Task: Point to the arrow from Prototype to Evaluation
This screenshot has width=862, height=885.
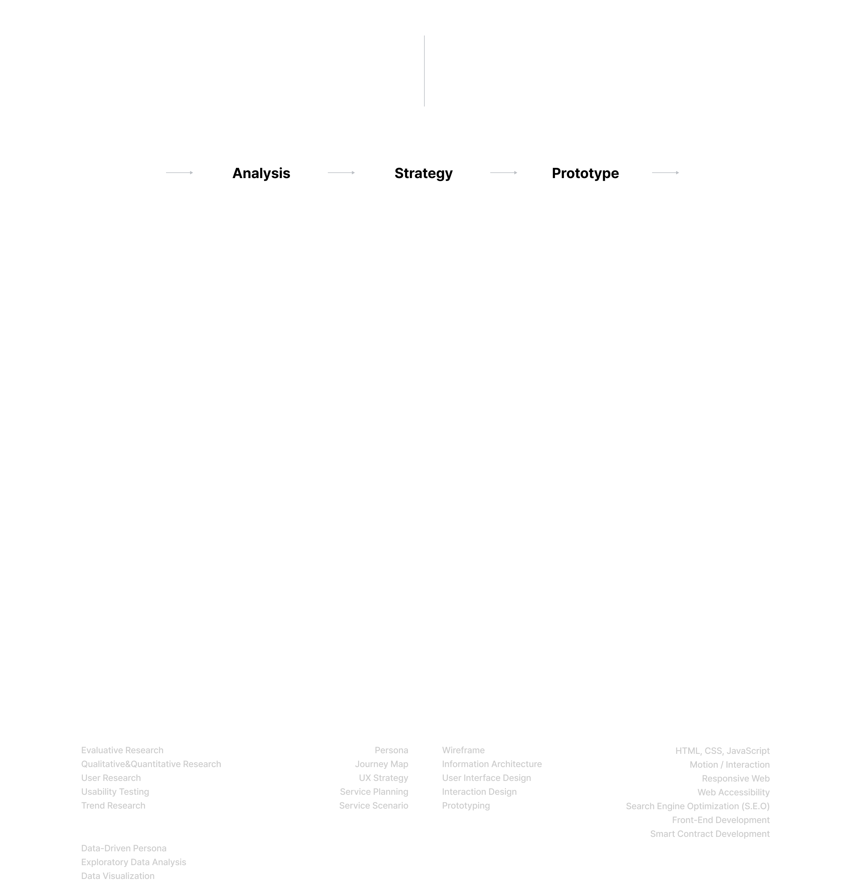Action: click(666, 172)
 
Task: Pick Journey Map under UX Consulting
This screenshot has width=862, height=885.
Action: click(381, 764)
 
